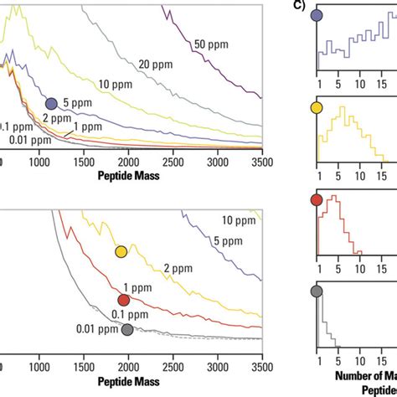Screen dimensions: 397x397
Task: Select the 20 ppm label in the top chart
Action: (x=155, y=64)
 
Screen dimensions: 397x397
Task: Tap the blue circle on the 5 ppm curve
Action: (x=51, y=103)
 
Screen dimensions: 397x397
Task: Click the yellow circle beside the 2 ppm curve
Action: (x=121, y=251)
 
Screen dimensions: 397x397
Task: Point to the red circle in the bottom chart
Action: (x=123, y=300)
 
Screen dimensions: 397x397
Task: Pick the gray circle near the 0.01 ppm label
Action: (x=127, y=330)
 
